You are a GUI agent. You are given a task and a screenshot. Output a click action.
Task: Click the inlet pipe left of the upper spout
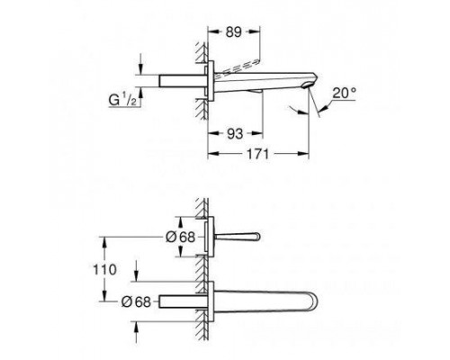click(181, 80)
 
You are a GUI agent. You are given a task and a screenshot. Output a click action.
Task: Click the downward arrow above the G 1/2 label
click(142, 68)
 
